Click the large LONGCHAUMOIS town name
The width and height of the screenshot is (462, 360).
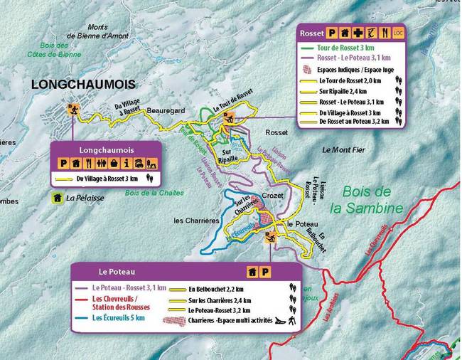click(x=79, y=85)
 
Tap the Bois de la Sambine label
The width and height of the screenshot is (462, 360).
click(x=367, y=199)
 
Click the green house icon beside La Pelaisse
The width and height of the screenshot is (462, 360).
click(x=55, y=198)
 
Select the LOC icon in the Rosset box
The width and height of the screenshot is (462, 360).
click(x=398, y=33)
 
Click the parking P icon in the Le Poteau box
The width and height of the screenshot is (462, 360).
click(x=264, y=272)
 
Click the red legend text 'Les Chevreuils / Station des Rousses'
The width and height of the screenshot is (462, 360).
click(x=121, y=302)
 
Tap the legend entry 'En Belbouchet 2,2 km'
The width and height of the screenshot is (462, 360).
click(x=216, y=289)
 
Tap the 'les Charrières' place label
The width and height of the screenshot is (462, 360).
click(x=196, y=221)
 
